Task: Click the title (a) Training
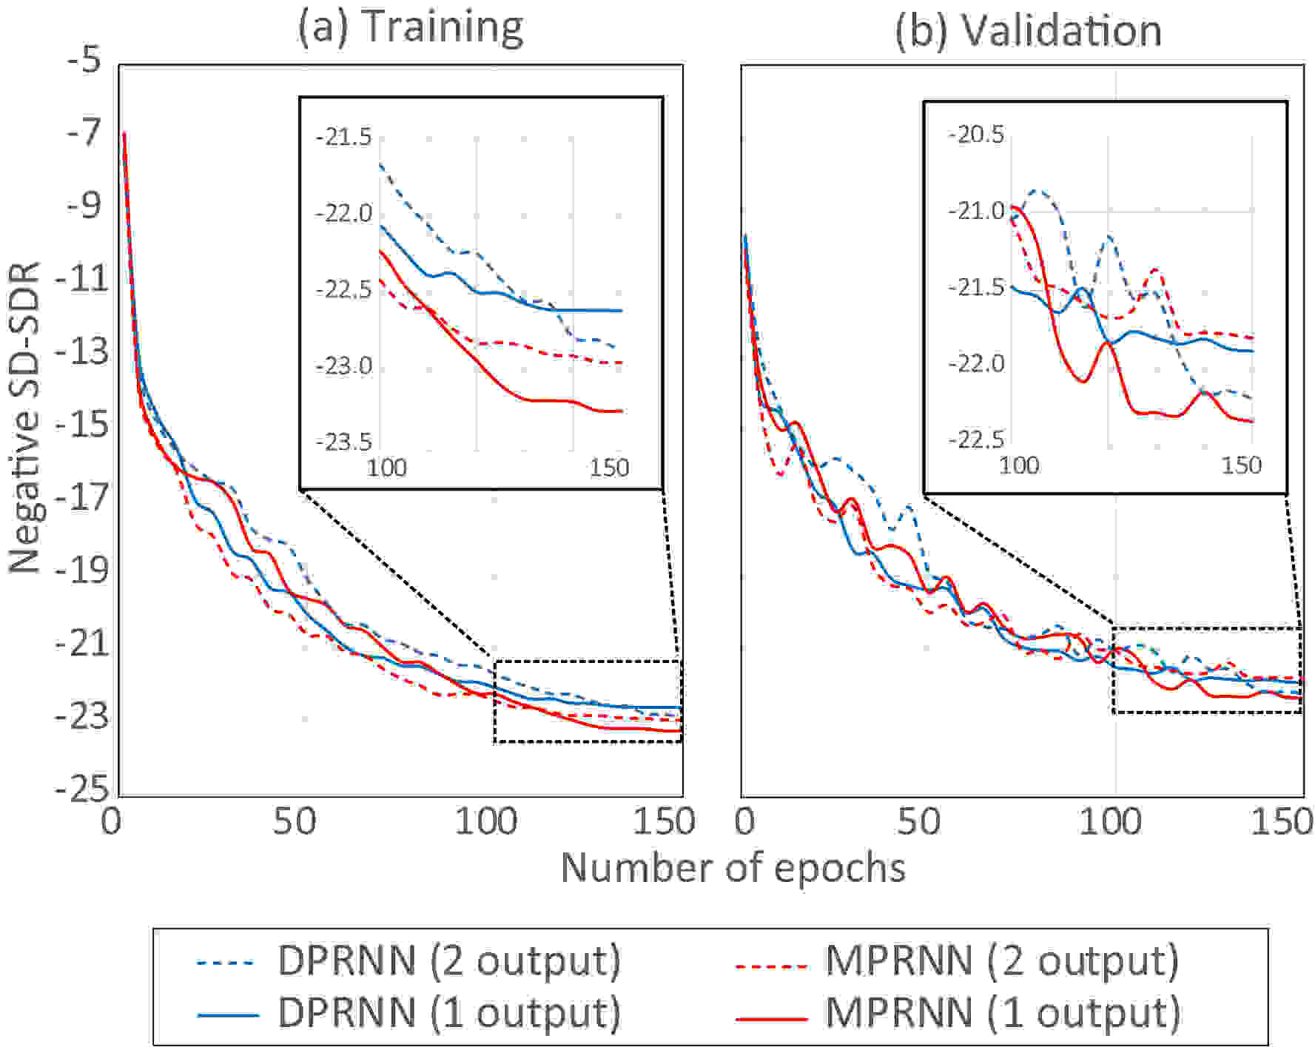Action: [410, 28]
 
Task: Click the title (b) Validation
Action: [1028, 31]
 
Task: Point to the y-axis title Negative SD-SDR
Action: [24, 417]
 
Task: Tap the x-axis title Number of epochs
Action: [733, 868]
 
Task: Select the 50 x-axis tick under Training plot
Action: [295, 821]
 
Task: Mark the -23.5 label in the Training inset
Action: [343, 442]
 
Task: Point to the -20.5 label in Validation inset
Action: [976, 135]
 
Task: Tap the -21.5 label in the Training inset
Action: [343, 138]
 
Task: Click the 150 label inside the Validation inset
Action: [1241, 465]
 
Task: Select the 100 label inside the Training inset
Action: [387, 468]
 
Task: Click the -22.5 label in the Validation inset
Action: [976, 440]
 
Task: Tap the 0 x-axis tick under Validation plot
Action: [745, 821]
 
